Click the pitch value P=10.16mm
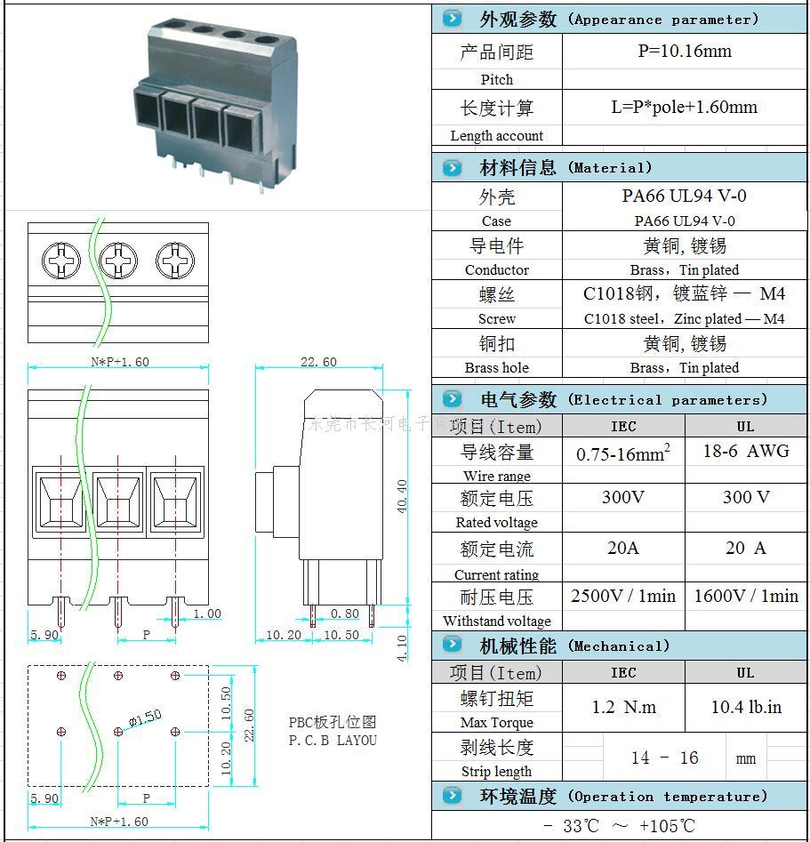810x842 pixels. click(685, 52)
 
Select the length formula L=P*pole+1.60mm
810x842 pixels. click(685, 108)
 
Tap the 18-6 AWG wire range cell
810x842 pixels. click(745, 452)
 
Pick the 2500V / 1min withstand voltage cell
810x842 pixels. click(623, 596)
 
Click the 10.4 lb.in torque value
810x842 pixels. click(746, 708)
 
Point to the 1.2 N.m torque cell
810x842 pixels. click(623, 708)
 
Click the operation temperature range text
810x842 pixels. click(620, 826)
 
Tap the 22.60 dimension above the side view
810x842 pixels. click(318, 362)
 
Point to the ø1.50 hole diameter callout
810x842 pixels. click(145, 718)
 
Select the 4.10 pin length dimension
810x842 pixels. click(402, 646)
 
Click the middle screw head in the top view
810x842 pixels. click(118, 261)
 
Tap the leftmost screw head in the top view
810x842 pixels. click(61, 261)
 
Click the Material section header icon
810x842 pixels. click(453, 167)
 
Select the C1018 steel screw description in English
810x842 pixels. click(684, 318)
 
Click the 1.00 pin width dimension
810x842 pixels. click(207, 613)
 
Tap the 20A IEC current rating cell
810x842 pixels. click(623, 549)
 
